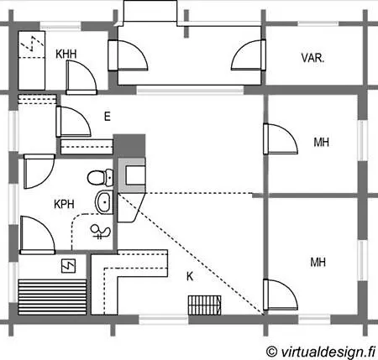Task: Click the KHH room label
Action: pyautogui.click(x=66, y=54)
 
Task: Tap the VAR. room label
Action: pyautogui.click(x=312, y=58)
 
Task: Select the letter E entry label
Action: pyautogui.click(x=107, y=117)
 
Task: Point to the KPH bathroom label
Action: pyautogui.click(x=64, y=204)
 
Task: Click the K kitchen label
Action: pyautogui.click(x=190, y=276)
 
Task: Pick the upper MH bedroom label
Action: pyautogui.click(x=321, y=143)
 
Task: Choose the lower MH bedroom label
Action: pyautogui.click(x=318, y=263)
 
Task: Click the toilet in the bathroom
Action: pyautogui.click(x=100, y=177)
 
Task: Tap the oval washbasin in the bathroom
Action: pyautogui.click(x=104, y=201)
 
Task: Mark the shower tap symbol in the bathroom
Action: pyautogui.click(x=100, y=232)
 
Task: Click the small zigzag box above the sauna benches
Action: pyautogui.click(x=69, y=266)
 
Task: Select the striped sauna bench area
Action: pyautogui.click(x=52, y=297)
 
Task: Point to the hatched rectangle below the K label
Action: pyautogui.click(x=204, y=305)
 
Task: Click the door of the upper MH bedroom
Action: pyautogui.click(x=280, y=139)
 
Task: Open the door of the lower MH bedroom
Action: pyautogui.click(x=280, y=295)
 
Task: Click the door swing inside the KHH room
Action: pyautogui.click(x=81, y=77)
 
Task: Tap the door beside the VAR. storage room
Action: pyautogui.click(x=249, y=55)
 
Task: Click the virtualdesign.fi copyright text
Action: pyautogui.click(x=321, y=352)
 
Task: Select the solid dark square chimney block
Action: pyautogui.click(x=129, y=146)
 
